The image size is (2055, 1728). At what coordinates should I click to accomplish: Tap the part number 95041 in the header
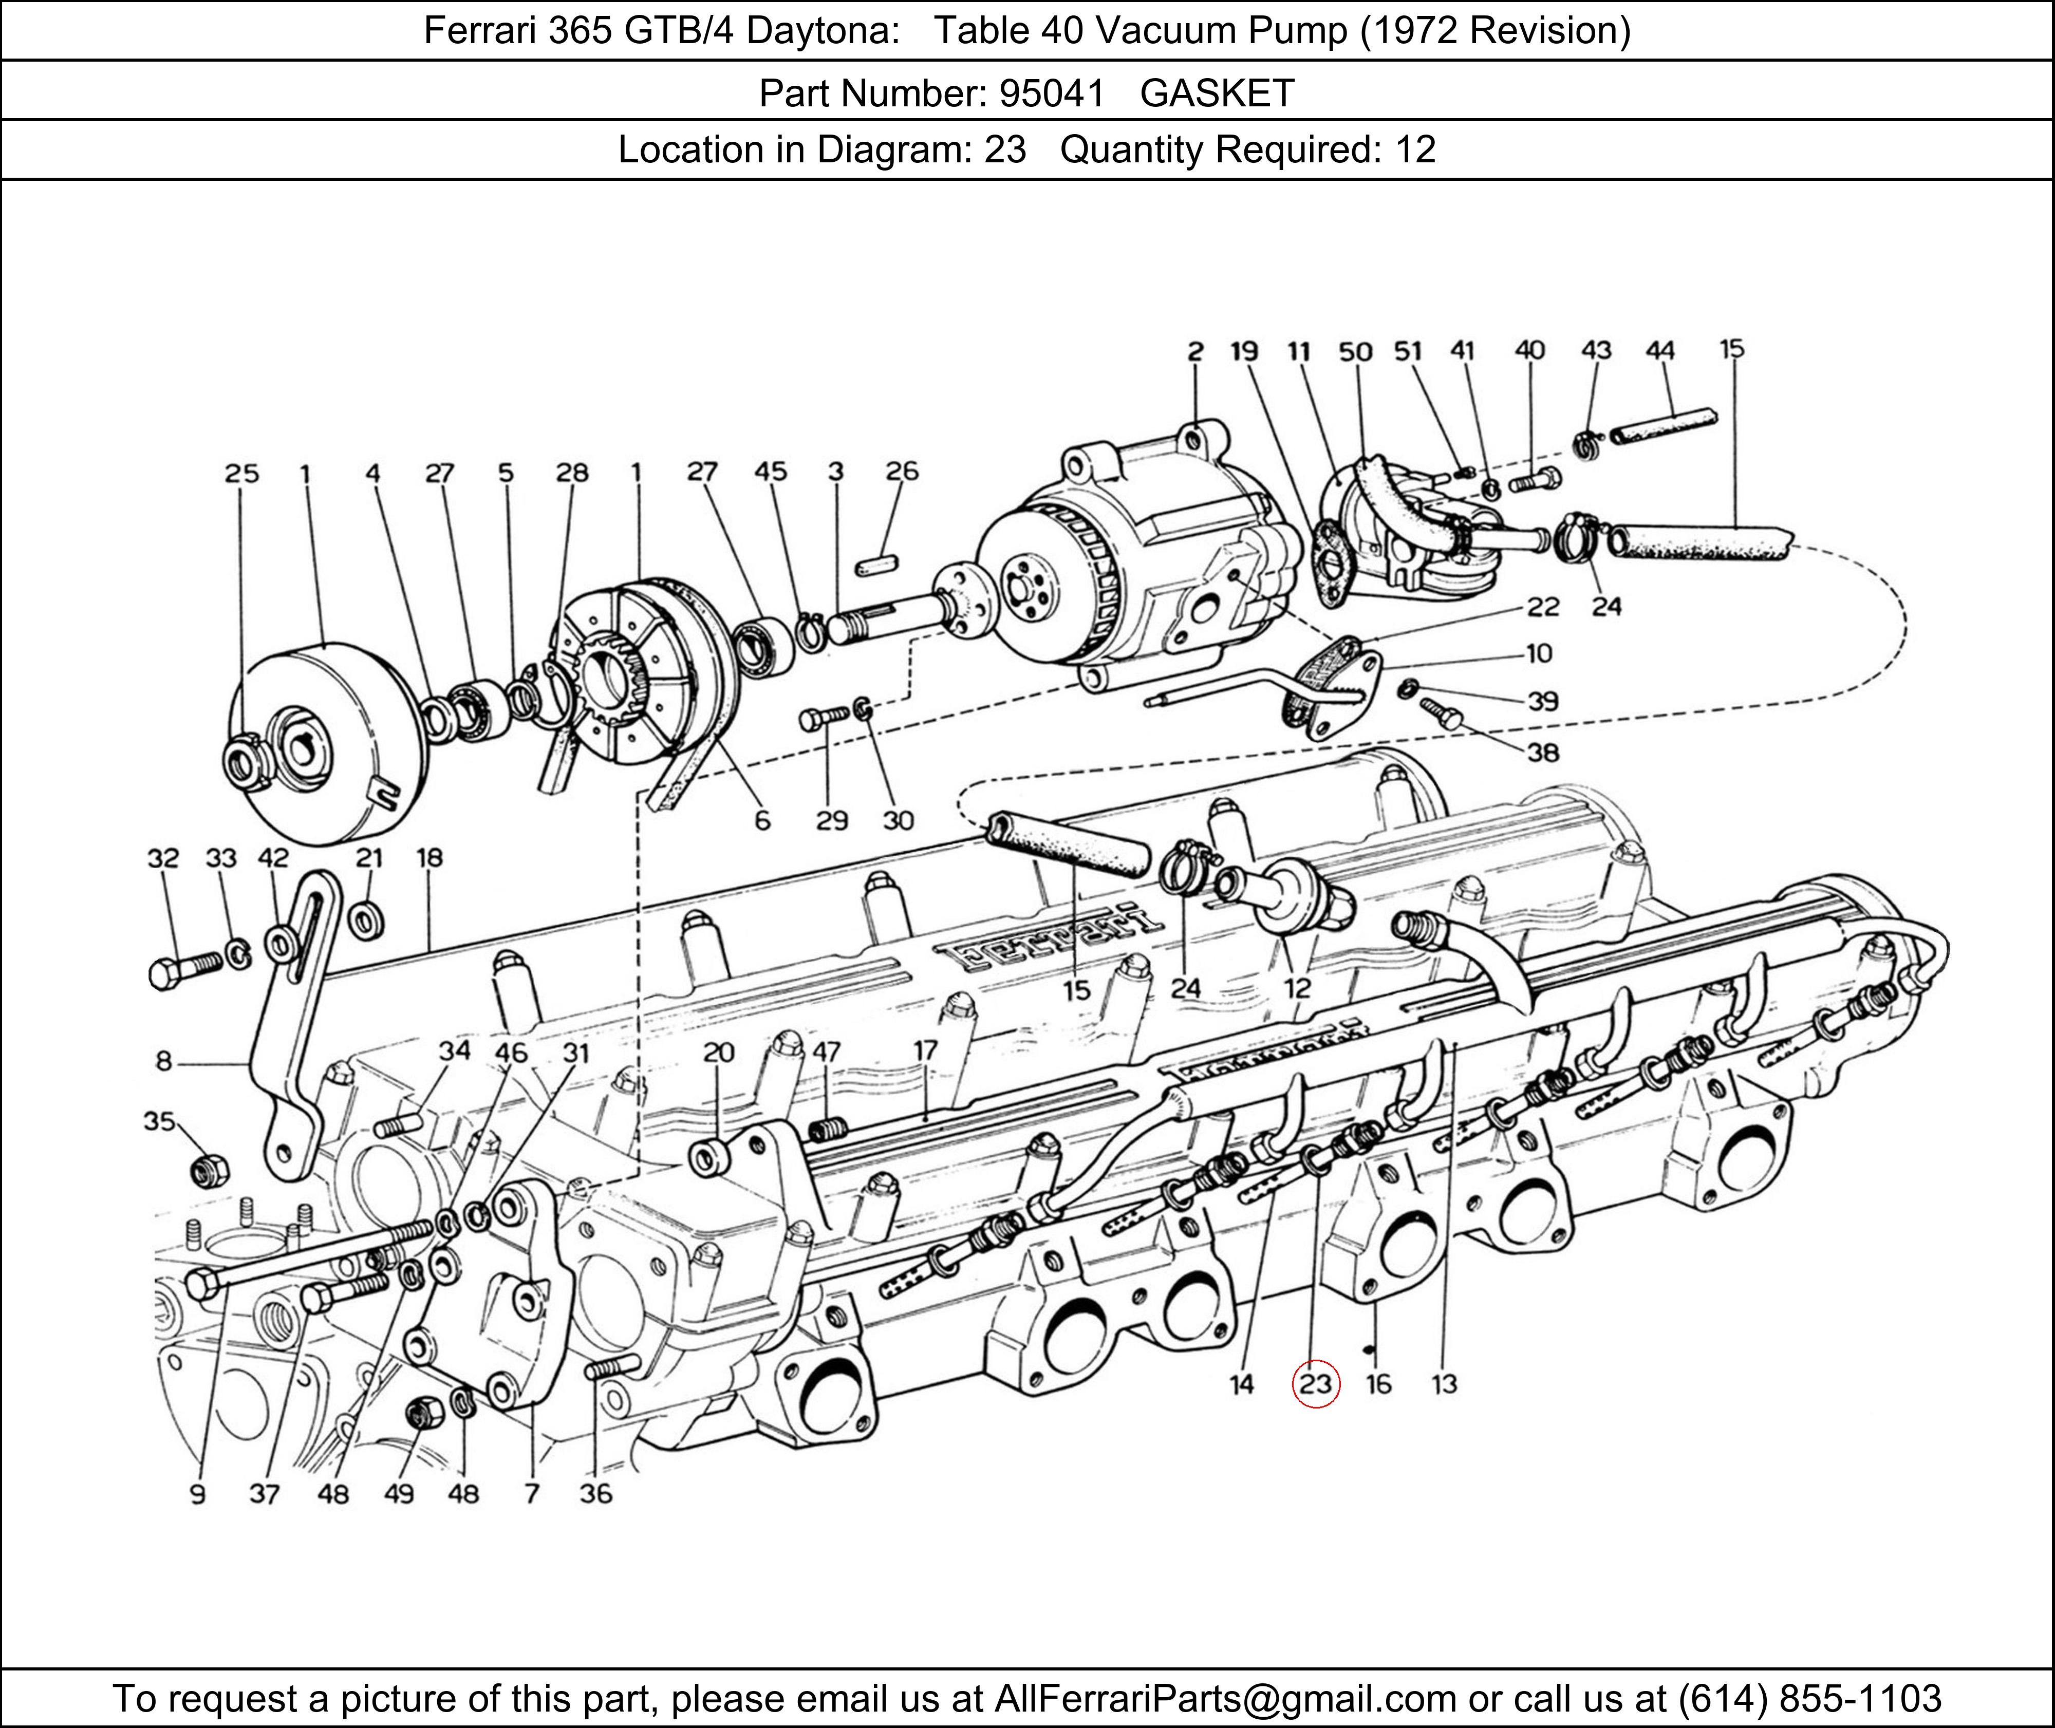(x=1051, y=93)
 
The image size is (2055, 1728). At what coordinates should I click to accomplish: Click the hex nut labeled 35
(x=207, y=1168)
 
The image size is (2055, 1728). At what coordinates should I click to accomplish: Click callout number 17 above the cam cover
(x=926, y=1050)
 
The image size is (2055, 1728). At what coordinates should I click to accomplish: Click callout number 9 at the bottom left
(x=197, y=1494)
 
